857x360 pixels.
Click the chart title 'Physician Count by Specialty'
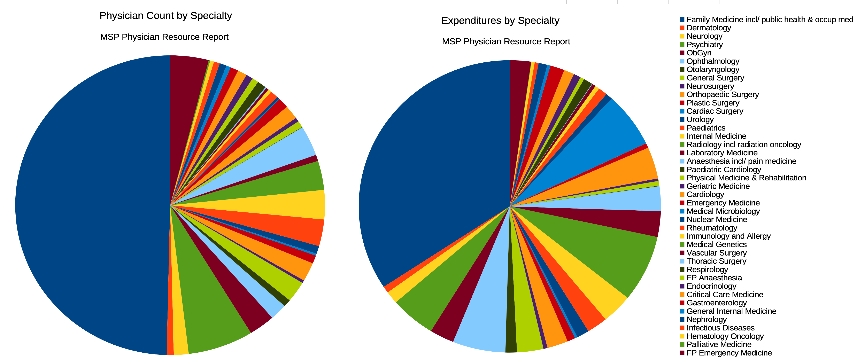click(x=166, y=16)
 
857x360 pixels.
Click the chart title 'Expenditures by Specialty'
click(x=500, y=21)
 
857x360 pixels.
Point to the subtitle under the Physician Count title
click(x=164, y=37)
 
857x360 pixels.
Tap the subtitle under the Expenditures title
click(x=506, y=42)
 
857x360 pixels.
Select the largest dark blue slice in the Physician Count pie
click(x=93, y=206)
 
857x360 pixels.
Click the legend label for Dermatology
click(x=709, y=28)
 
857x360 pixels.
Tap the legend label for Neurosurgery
click(x=710, y=86)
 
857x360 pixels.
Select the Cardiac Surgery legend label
click(x=715, y=111)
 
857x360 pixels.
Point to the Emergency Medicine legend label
click(x=723, y=203)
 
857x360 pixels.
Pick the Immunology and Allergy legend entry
click(x=728, y=236)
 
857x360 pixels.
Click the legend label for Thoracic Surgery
click(x=716, y=261)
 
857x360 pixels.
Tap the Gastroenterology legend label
click(x=717, y=303)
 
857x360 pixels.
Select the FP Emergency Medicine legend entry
click(x=729, y=353)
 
